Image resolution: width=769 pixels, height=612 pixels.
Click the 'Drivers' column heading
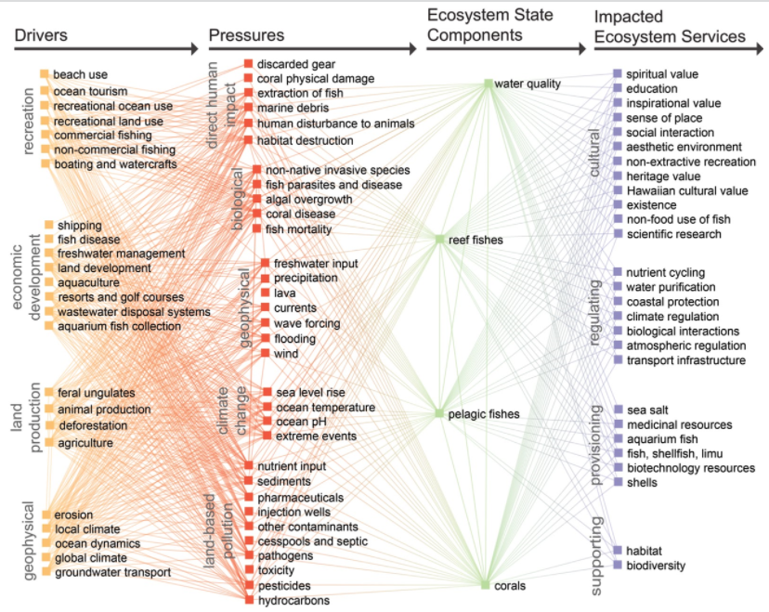(x=41, y=35)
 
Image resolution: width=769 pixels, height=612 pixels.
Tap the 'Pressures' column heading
(x=246, y=35)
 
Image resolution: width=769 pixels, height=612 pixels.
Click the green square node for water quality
(x=489, y=84)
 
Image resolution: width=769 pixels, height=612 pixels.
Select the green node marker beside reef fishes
(x=439, y=240)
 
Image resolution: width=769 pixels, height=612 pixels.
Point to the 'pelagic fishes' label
(x=484, y=414)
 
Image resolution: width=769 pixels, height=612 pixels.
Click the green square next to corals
(x=485, y=584)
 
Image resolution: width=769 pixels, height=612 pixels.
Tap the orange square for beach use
(x=45, y=74)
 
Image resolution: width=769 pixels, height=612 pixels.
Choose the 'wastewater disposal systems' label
(x=134, y=312)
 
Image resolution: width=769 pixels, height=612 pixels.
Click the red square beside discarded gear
(x=248, y=64)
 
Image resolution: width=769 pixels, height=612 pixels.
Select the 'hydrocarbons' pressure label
(x=293, y=600)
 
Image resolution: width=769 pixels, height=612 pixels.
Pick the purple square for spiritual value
(x=618, y=73)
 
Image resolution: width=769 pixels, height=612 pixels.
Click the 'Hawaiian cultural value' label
(x=687, y=190)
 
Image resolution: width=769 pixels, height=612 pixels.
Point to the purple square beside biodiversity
(x=618, y=565)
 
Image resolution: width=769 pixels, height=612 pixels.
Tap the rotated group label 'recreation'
(x=29, y=121)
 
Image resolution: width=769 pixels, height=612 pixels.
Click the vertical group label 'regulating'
(x=593, y=313)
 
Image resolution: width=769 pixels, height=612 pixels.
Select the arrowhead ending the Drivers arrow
(x=195, y=48)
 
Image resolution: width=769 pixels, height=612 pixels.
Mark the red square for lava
(x=265, y=293)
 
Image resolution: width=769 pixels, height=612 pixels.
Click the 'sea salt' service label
(x=647, y=410)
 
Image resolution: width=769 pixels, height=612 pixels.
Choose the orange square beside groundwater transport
(x=46, y=571)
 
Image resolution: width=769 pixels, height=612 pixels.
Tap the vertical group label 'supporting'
(x=595, y=556)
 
